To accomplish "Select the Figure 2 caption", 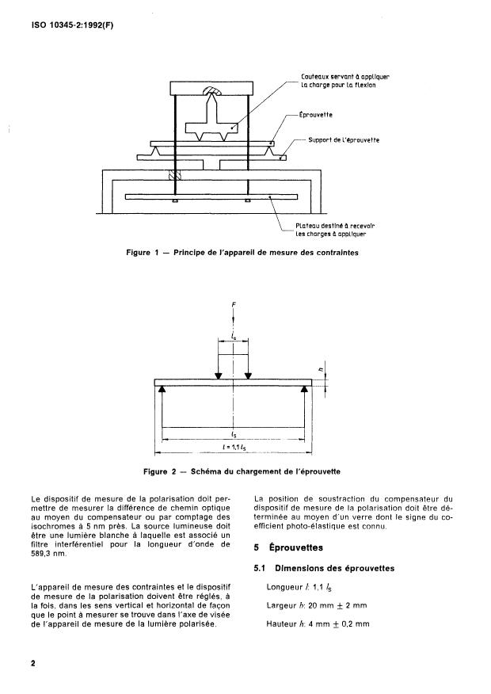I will point(242,471).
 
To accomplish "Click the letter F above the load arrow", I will point(233,303).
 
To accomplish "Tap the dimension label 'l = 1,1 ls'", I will point(233,447).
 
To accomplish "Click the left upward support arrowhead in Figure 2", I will point(162,390).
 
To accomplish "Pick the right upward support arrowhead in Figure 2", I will point(305,390).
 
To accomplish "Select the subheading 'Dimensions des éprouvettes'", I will point(333,568).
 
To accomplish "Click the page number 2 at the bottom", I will point(33,664).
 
